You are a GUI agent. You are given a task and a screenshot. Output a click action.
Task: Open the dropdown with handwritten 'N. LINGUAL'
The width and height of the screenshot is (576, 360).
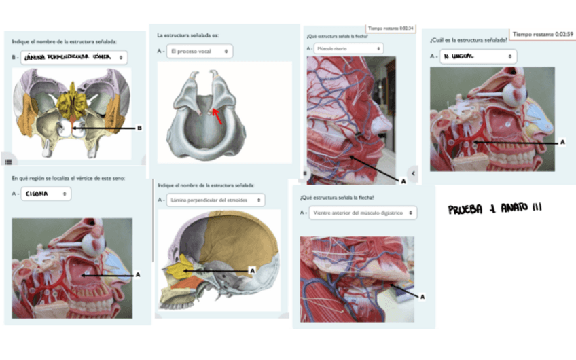[x=478, y=56]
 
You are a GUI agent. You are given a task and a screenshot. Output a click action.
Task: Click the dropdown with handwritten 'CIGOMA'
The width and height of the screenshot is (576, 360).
[x=46, y=194]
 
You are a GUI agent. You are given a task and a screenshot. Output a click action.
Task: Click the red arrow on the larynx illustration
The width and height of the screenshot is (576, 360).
[x=216, y=115]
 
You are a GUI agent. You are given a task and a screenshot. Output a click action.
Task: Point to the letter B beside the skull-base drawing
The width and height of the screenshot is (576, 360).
[x=139, y=128]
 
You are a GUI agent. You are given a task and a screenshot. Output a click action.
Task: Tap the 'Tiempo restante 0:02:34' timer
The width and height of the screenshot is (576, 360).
[x=391, y=28]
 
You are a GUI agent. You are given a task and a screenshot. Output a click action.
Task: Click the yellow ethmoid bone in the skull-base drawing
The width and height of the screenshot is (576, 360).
[x=72, y=102]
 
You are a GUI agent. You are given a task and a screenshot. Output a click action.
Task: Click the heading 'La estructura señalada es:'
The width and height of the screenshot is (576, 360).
[x=187, y=35]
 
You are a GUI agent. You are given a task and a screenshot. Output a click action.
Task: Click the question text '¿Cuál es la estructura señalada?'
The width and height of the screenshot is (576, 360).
[x=468, y=39]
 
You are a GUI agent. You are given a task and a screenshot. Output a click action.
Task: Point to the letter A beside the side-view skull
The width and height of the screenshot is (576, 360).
[x=252, y=270]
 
